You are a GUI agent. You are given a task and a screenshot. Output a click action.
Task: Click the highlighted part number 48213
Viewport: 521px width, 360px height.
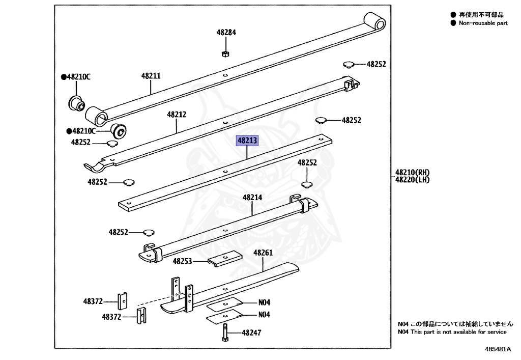pos(247,141)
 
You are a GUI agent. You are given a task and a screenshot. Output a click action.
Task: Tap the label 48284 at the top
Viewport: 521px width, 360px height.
pos(226,32)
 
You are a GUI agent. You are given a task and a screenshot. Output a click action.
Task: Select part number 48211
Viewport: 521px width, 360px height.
pos(151,76)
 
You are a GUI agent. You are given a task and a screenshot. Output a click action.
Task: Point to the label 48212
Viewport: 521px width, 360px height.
pos(177,115)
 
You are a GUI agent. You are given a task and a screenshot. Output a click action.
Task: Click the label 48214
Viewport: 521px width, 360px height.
pos(252,197)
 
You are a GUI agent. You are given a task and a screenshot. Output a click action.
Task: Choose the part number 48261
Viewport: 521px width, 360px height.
pos(263,253)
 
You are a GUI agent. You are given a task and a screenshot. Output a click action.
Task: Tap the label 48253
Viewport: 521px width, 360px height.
pos(182,261)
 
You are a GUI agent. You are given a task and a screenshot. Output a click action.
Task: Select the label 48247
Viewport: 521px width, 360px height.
pos(251,333)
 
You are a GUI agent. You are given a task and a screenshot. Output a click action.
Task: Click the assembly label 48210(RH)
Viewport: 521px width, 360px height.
pos(413,172)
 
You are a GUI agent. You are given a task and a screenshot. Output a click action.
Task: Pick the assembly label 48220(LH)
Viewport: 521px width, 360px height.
pos(413,179)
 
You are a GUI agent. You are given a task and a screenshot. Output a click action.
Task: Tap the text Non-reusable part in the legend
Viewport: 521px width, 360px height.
pos(483,23)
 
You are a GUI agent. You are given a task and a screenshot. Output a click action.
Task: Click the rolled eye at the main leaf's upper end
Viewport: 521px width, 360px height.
pos(376,22)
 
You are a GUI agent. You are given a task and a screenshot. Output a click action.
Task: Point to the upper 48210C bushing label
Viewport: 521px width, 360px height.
pos(78,77)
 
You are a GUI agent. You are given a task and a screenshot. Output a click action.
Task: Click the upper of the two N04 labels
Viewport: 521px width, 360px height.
pos(264,302)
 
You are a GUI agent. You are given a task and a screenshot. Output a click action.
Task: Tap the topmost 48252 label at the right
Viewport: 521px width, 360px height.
pos(376,64)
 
